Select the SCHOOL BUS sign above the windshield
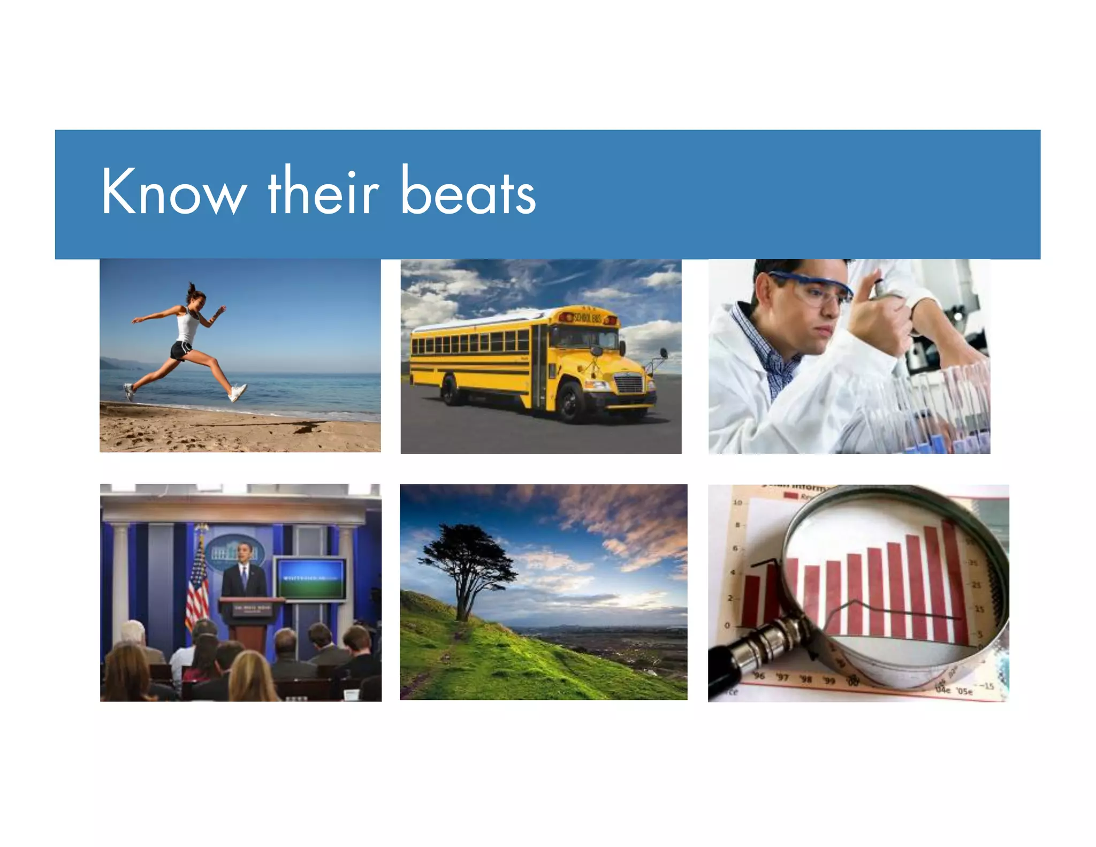pos(588,318)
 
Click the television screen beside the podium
pos(310,579)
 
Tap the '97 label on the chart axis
pos(782,677)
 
